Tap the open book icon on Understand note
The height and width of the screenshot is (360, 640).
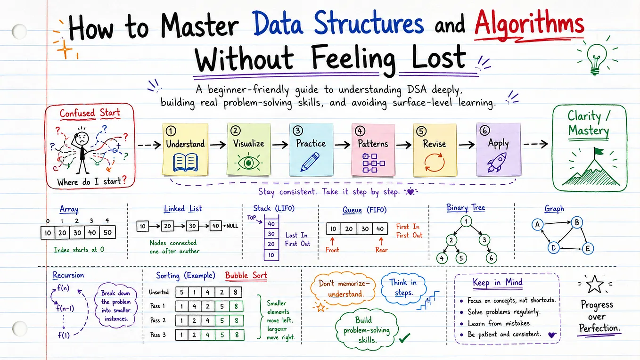pyautogui.click(x=185, y=162)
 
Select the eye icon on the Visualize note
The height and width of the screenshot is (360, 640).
pyautogui.click(x=248, y=163)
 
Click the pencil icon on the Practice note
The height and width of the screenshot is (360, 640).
pyautogui.click(x=310, y=162)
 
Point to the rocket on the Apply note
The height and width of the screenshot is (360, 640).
pyautogui.click(x=497, y=162)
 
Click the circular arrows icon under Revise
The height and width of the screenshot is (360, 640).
pyautogui.click(x=435, y=162)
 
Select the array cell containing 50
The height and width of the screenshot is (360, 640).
pyautogui.click(x=108, y=233)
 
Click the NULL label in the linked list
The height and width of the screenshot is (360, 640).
pyautogui.click(x=232, y=226)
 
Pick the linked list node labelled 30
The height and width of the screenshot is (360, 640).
pyautogui.click(x=192, y=226)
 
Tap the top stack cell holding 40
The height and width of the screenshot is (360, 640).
pyautogui.click(x=271, y=224)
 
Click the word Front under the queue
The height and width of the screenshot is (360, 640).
pyautogui.click(x=332, y=250)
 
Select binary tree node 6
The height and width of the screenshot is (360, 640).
pyautogui.click(x=491, y=258)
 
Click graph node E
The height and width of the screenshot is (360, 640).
pyautogui.click(x=588, y=249)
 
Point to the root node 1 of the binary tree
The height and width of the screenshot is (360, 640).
pyautogui.click(x=466, y=221)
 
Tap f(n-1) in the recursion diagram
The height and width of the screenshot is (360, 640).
pyautogui.click(x=65, y=308)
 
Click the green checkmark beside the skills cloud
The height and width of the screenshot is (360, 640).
pyautogui.click(x=404, y=338)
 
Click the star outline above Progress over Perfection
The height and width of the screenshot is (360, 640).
pyautogui.click(x=595, y=284)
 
